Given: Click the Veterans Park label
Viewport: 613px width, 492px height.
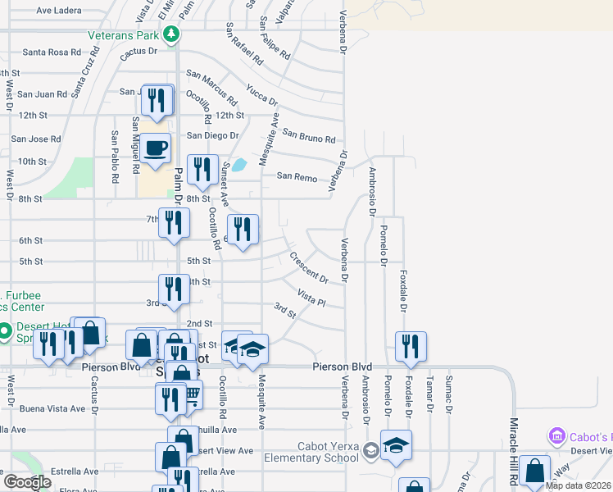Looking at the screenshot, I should (x=125, y=35).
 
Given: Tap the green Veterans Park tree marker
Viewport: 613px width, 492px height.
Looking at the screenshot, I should (x=171, y=34).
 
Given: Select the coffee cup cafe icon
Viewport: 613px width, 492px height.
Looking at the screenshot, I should (x=155, y=148).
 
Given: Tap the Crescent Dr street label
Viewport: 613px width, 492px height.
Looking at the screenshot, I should (x=309, y=268).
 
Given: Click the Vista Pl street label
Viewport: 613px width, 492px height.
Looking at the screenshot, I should (x=311, y=298).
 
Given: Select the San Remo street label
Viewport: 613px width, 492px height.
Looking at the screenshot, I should (x=296, y=175).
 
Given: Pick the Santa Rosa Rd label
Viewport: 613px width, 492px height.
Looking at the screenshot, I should (x=52, y=52).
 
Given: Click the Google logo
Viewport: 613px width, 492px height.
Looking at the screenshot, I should (x=27, y=481).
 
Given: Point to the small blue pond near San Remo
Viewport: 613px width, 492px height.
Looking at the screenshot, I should (x=239, y=165).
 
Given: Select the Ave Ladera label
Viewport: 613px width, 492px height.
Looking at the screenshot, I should (x=60, y=11).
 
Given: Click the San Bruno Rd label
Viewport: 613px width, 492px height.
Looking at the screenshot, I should (x=309, y=135).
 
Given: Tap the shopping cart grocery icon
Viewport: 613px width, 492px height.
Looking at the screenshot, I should (x=190, y=396).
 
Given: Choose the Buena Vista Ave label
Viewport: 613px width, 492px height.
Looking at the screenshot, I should (x=52, y=408).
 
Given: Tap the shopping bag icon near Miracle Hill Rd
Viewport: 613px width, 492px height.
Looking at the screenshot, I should (x=534, y=471).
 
